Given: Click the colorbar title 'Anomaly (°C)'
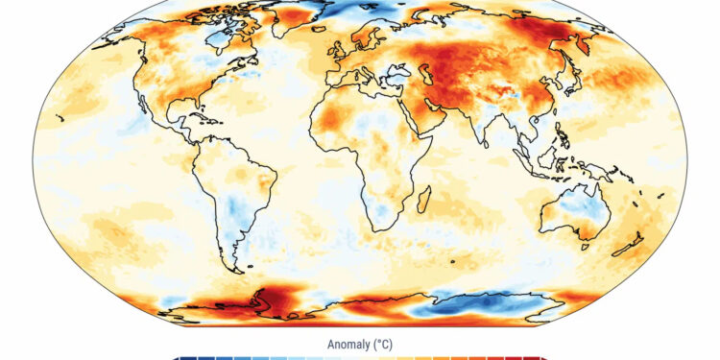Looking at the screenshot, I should pyautogui.click(x=360, y=344).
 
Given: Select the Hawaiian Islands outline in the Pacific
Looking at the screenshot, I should pyautogui.click(x=60, y=118).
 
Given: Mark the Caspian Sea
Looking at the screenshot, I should pyautogui.click(x=420, y=79).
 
